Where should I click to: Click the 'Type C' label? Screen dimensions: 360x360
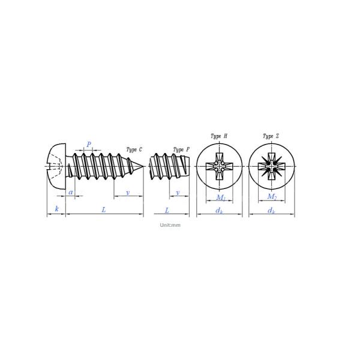pos(134,149)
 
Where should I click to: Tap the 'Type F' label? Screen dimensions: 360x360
pos(181,150)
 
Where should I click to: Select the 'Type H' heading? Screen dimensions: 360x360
pos(219,136)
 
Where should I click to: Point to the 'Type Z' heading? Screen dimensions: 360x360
pos(271,136)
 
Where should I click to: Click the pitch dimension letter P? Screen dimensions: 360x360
pos(89,145)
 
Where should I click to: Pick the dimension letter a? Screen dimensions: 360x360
pos(71,192)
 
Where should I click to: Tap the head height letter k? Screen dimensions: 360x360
pos(57,209)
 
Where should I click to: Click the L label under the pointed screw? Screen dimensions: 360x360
pos(104,209)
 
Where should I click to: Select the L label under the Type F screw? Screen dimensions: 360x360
pos(167,210)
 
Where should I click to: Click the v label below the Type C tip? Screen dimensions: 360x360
pos(128,193)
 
